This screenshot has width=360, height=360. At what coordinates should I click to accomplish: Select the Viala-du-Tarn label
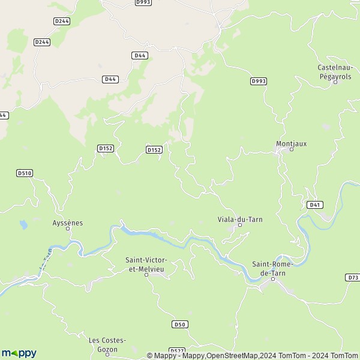[x=240, y=219]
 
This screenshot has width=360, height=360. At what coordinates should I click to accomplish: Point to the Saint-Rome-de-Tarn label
[x=272, y=268]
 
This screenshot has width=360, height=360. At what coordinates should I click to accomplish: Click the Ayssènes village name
[x=68, y=223]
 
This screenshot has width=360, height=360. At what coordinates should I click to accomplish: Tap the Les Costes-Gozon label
[x=107, y=344]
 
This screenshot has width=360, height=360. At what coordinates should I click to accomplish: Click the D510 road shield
[x=24, y=173]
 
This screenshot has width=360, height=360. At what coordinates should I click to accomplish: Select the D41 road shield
[x=315, y=205]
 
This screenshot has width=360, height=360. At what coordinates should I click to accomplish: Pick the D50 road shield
[x=179, y=324]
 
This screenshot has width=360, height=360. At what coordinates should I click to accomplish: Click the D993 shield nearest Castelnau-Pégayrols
[x=258, y=81]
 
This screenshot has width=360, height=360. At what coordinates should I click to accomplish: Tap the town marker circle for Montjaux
[x=292, y=149]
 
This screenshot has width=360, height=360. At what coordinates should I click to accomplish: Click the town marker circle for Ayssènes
[x=68, y=229]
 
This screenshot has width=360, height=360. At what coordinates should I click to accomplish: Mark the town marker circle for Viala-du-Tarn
[x=239, y=226]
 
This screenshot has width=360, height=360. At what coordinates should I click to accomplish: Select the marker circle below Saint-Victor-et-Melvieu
[x=146, y=275]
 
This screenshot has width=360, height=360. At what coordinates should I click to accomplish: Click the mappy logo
[x=19, y=353]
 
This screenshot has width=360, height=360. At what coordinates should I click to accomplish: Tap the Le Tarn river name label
[x=43, y=262]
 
